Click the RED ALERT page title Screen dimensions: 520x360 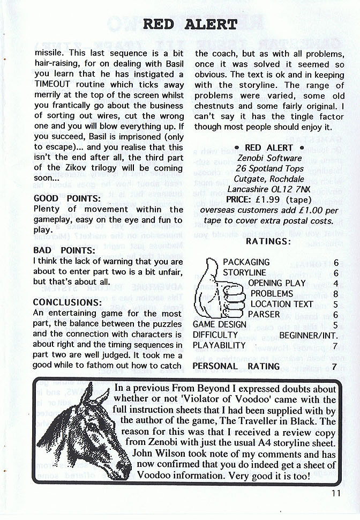190,24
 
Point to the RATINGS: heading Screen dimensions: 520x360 268,241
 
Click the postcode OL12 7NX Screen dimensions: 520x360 292,189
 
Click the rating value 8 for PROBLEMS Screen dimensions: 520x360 335,294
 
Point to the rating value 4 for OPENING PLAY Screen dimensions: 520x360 335,283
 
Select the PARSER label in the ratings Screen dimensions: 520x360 264,314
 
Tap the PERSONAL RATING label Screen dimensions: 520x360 236,366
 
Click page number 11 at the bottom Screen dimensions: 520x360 335,494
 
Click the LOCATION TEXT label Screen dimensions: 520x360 281,304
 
